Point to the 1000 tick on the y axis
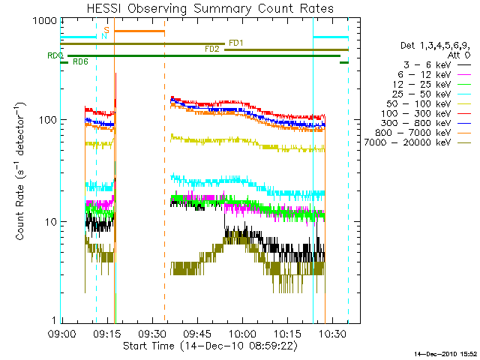pyautogui.click(x=38, y=22)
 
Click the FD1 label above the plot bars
pyautogui.click(x=235, y=43)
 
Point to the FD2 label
pyautogui.click(x=212, y=49)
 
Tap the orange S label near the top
pyautogui.click(x=106, y=29)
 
